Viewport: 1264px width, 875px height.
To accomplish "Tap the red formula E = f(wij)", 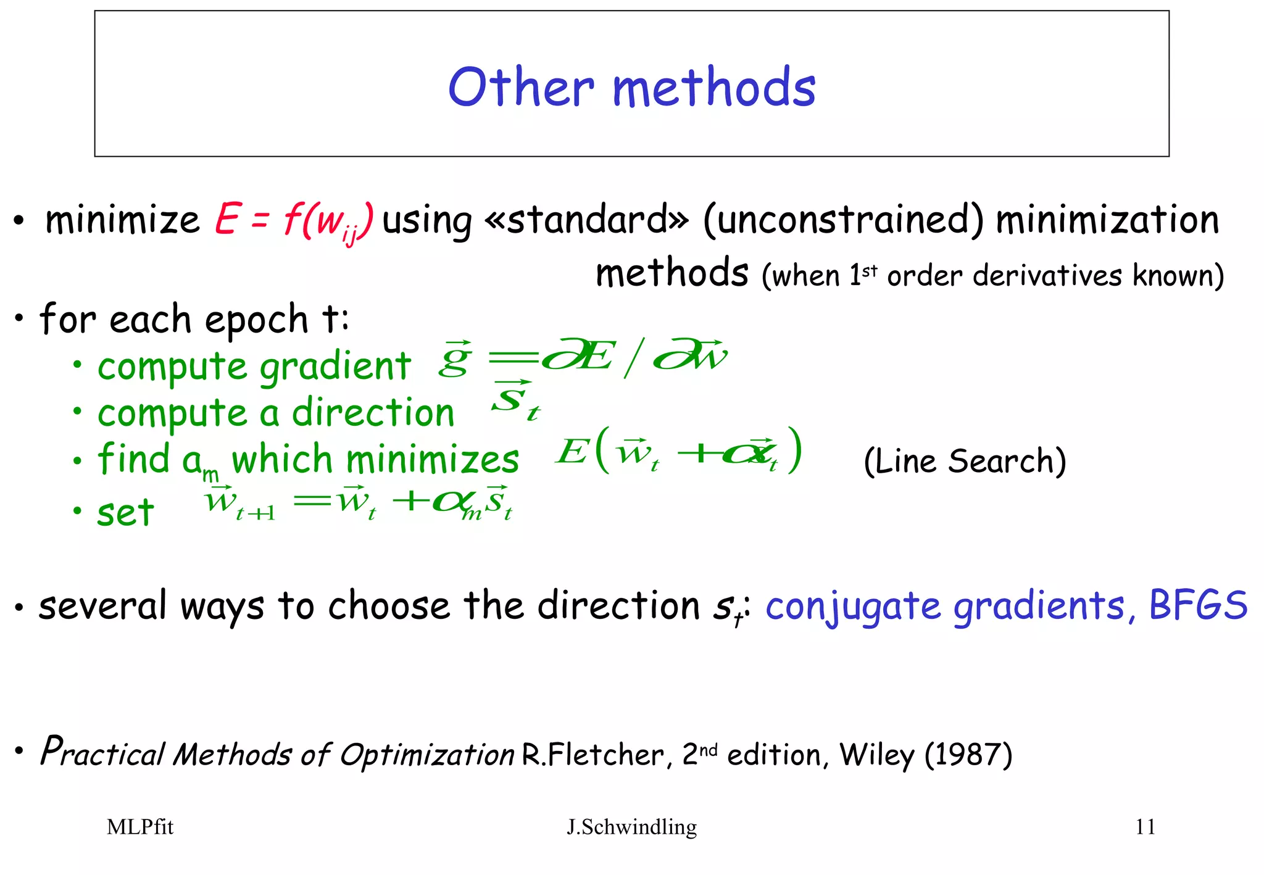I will tap(294, 221).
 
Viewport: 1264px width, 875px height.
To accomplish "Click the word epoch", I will tap(256, 320).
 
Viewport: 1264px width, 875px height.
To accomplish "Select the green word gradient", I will tap(335, 367).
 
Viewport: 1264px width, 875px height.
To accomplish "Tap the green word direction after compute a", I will tap(373, 413).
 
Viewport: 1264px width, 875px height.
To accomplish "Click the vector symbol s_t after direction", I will tap(515, 400).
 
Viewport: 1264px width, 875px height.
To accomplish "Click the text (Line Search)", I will tap(965, 461).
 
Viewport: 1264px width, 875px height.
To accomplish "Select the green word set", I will tap(125, 512).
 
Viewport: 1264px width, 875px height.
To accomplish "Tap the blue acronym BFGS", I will tap(1198, 605).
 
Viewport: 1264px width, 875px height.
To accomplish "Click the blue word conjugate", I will tap(853, 607).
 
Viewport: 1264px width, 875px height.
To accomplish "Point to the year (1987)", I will tap(968, 754).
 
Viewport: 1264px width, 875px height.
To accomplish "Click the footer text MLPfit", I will tap(140, 827).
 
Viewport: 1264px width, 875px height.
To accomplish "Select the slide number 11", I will tap(1145, 827).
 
